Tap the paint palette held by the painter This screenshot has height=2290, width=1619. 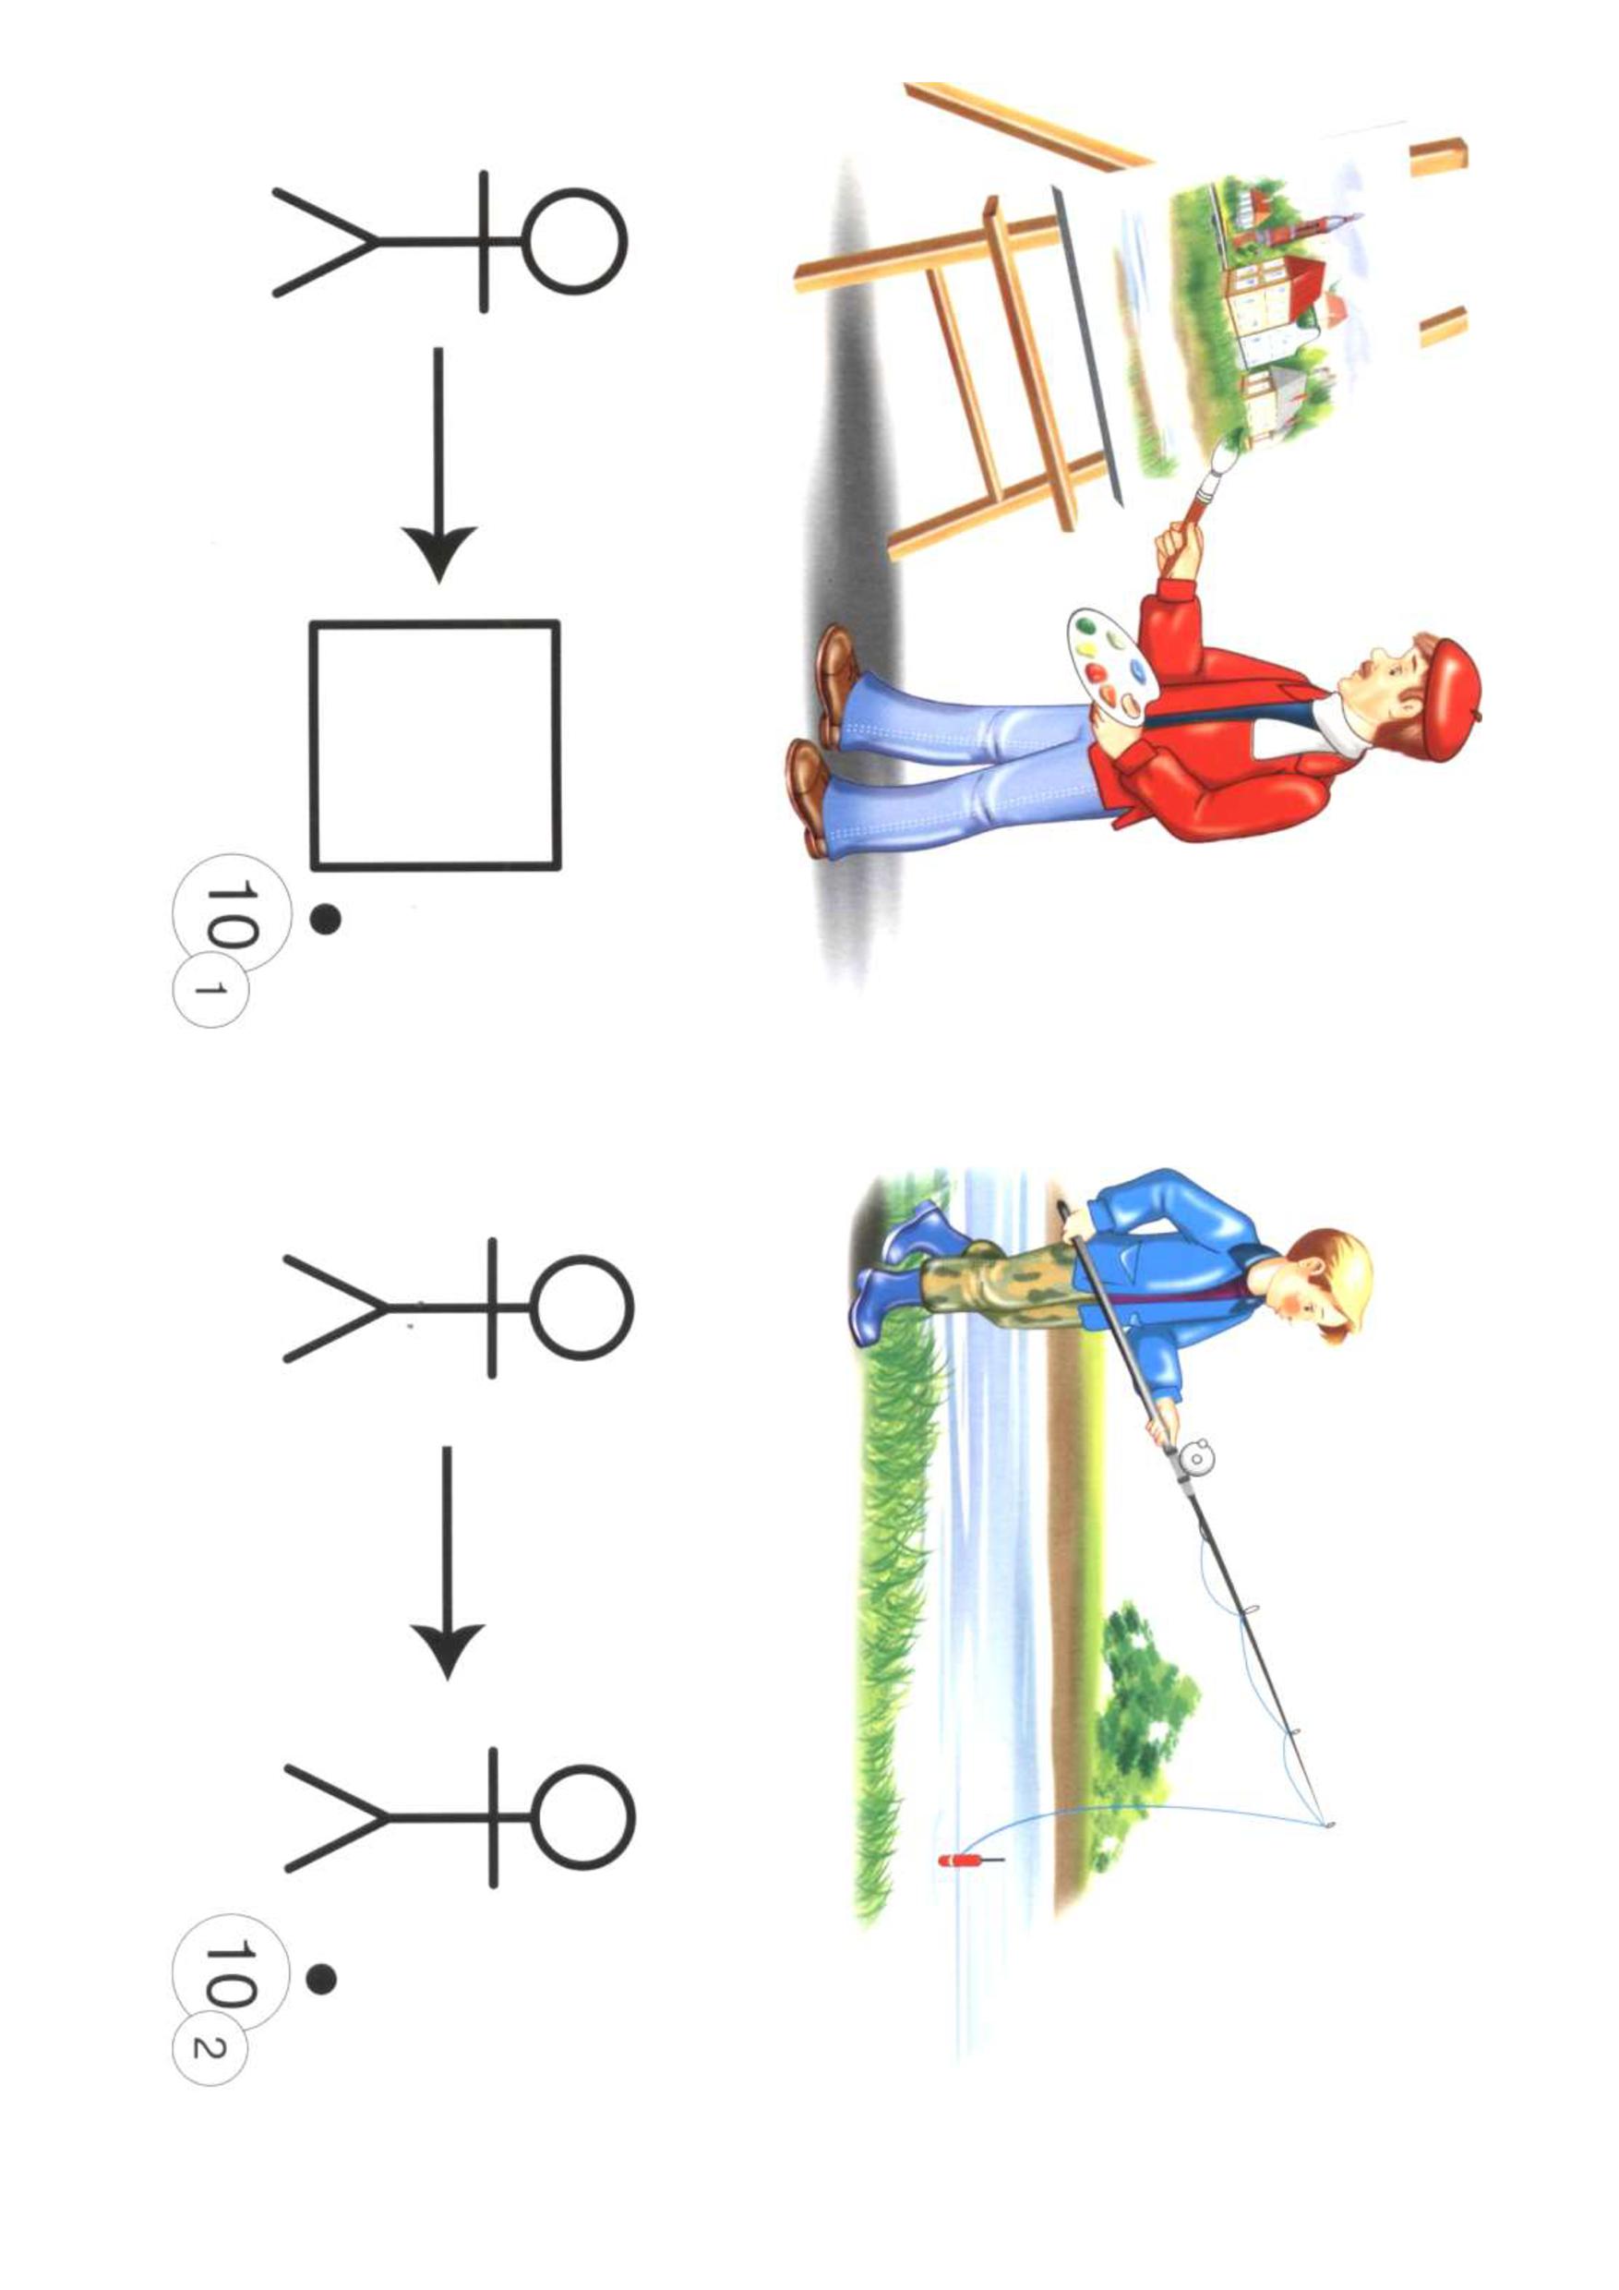(1110, 668)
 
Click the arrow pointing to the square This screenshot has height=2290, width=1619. (438, 464)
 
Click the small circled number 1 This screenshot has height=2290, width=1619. (210, 988)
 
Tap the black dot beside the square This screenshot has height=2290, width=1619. (325, 920)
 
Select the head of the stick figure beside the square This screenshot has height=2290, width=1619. (574, 241)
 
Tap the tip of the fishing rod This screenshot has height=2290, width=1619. (1331, 1825)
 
